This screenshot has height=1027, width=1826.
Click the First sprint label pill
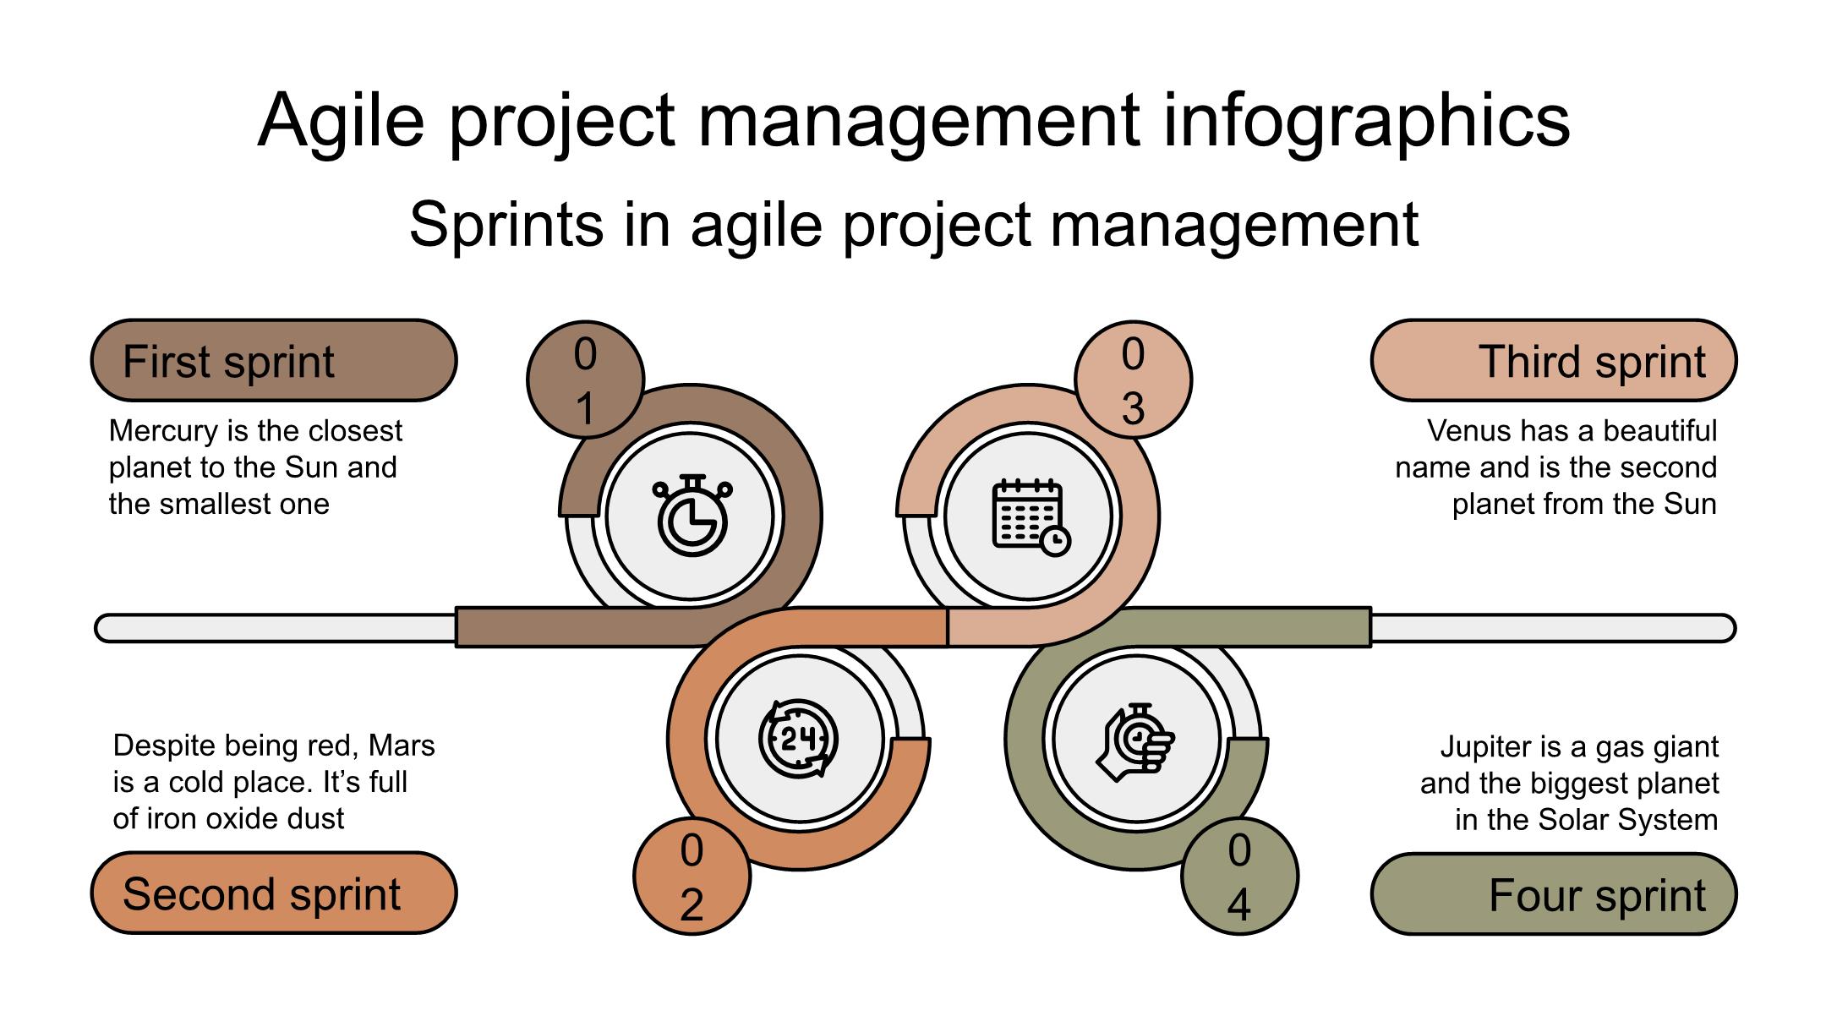click(274, 361)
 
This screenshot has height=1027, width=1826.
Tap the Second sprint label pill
click(274, 893)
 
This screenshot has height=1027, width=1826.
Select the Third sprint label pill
click(1553, 361)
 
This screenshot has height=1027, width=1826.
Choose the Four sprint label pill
click(1553, 894)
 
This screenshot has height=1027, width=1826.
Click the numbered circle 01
click(585, 380)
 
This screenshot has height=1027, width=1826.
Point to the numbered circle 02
click(692, 877)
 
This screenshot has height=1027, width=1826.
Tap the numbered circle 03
click(1133, 380)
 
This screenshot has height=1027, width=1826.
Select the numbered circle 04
click(1239, 877)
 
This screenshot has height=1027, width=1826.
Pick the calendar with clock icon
click(1030, 516)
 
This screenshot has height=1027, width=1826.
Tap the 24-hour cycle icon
click(798, 739)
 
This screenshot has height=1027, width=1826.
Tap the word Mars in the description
click(402, 746)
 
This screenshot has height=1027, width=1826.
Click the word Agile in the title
click(341, 121)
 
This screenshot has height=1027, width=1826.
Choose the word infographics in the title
click(1366, 121)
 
